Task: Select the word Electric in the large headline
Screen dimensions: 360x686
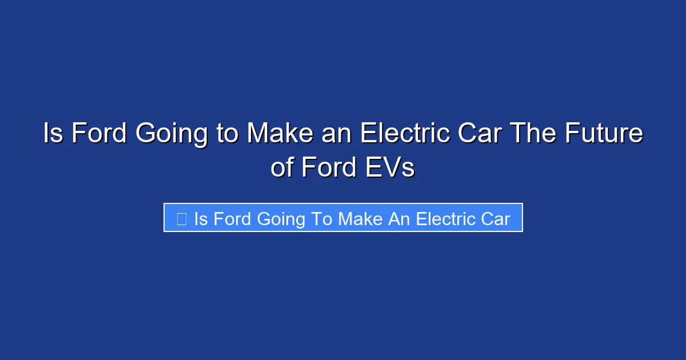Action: coord(402,134)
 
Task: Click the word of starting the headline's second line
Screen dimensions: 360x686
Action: coord(282,168)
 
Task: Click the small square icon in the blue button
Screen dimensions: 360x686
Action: coord(181,218)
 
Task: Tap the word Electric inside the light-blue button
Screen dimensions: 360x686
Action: coord(444,218)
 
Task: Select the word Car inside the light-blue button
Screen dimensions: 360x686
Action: coord(494,218)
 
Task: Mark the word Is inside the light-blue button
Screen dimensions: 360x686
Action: coord(201,218)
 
